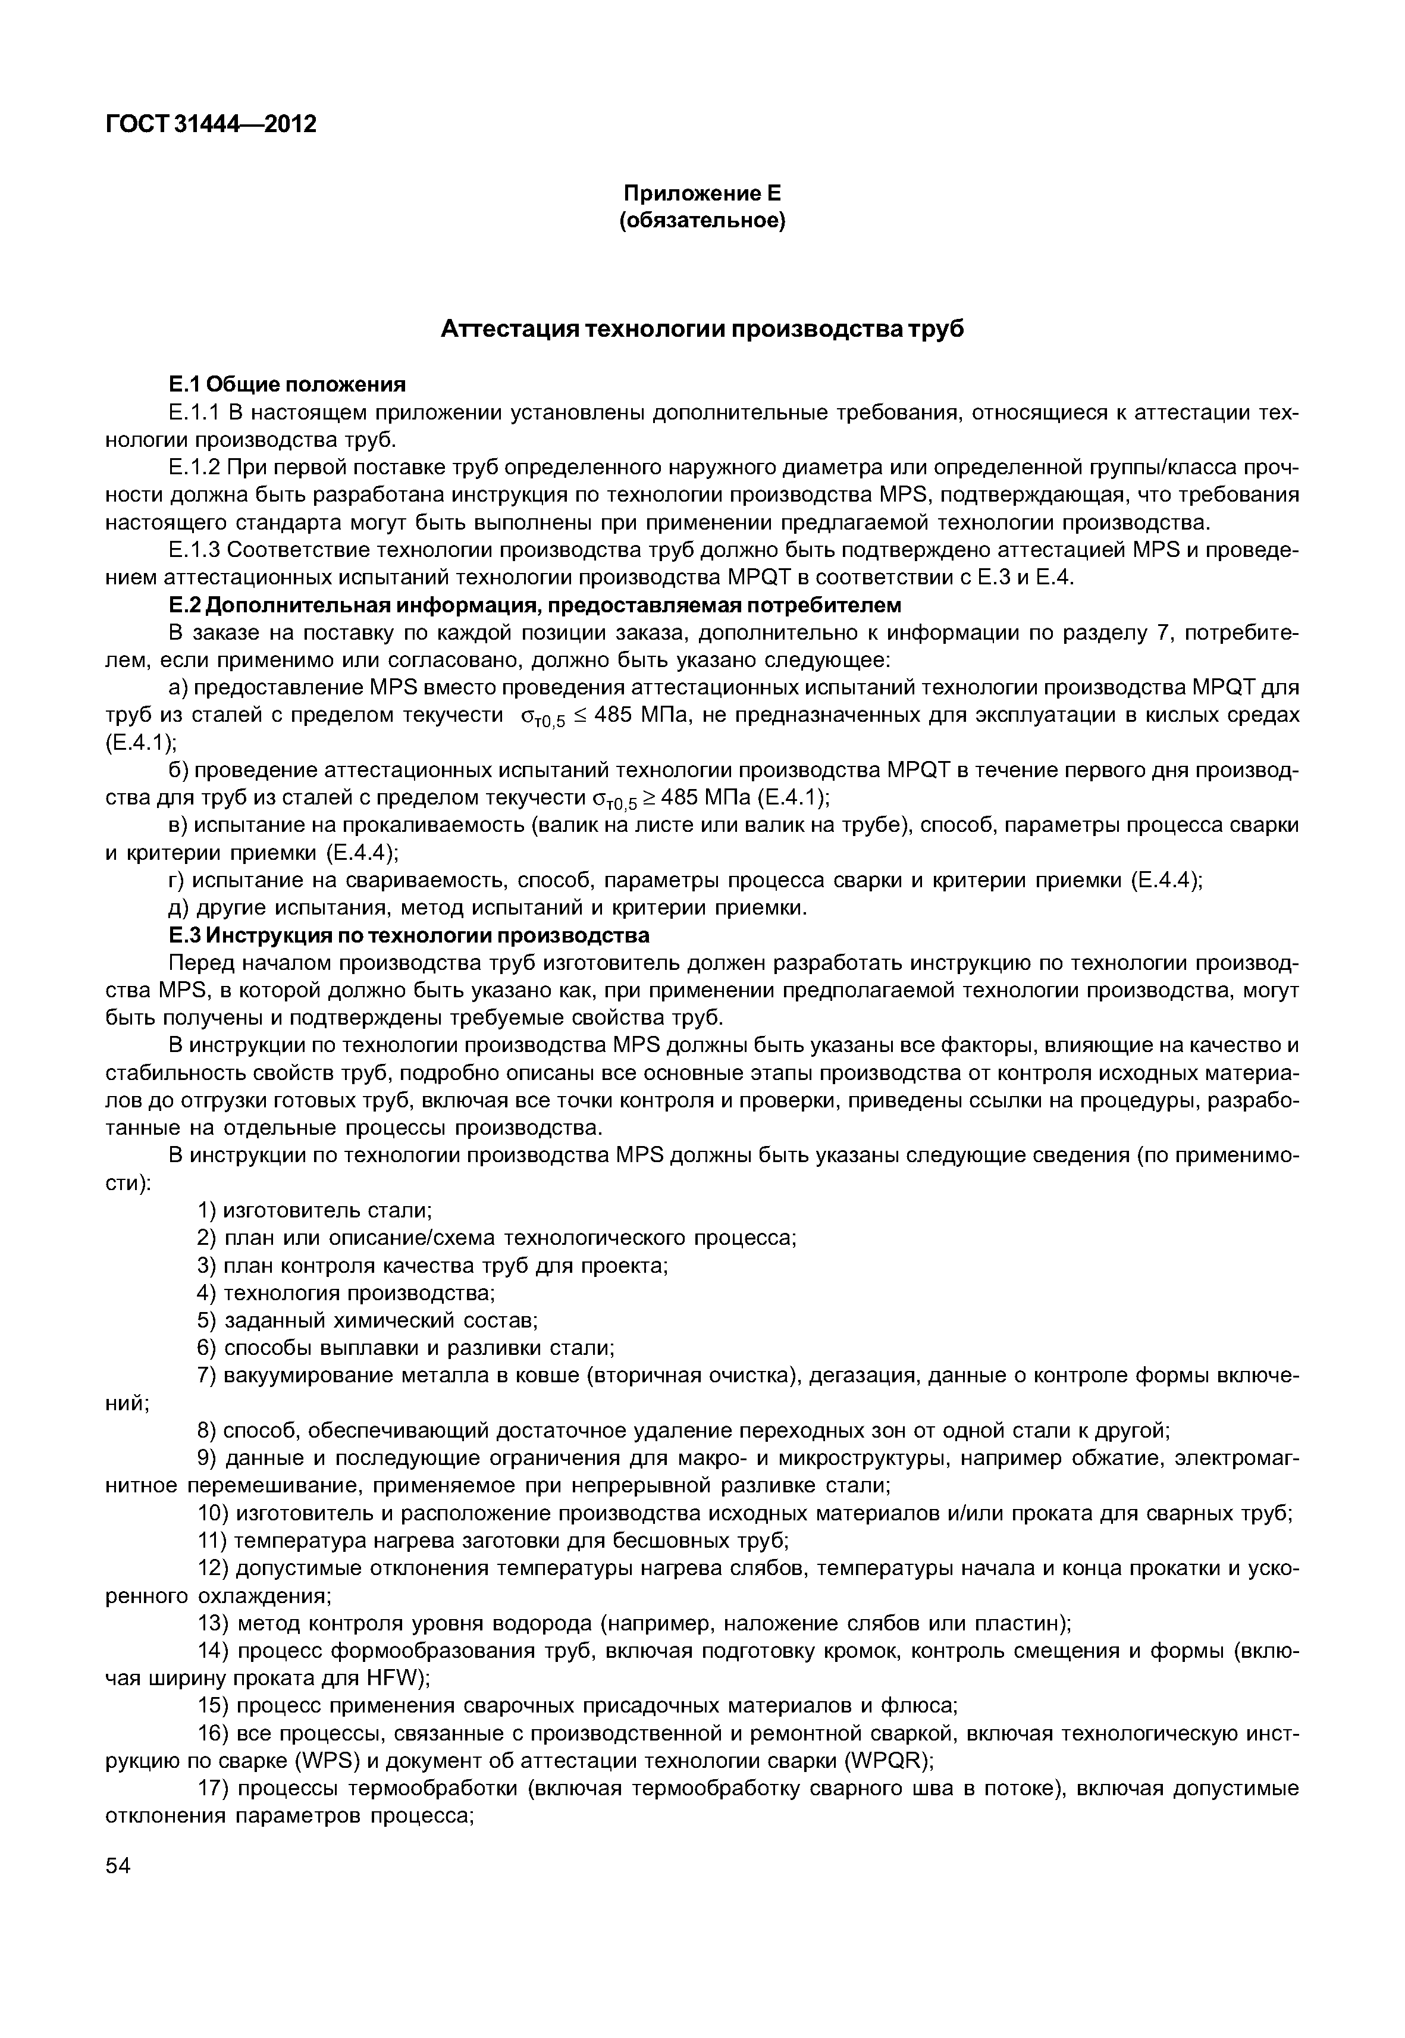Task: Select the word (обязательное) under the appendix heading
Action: (702, 221)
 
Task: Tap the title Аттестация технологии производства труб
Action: (702, 330)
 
